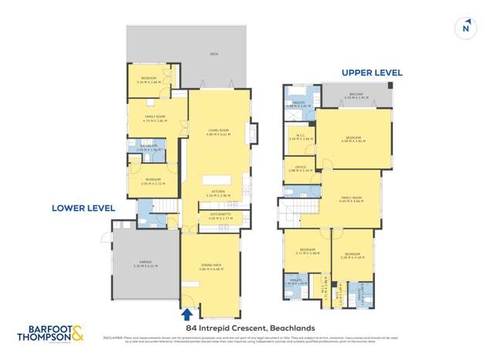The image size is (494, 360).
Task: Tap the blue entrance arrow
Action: pyautogui.click(x=186, y=314)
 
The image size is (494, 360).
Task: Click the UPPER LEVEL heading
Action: pyautogui.click(x=372, y=73)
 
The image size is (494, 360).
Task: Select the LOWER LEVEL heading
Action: pyautogui.click(x=83, y=208)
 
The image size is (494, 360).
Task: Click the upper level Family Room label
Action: pyautogui.click(x=352, y=199)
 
